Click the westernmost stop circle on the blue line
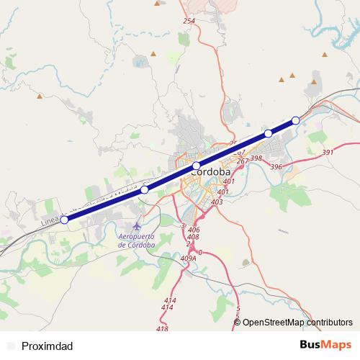64,220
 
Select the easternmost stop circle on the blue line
295,120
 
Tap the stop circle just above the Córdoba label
196,166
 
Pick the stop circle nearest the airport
145,189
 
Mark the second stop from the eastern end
268,133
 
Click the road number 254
189,21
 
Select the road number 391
328,153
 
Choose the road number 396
275,167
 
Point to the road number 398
256,158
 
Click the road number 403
217,202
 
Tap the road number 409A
189,258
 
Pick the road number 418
161,329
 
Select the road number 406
193,229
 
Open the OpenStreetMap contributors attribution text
298,323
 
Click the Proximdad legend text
48,346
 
